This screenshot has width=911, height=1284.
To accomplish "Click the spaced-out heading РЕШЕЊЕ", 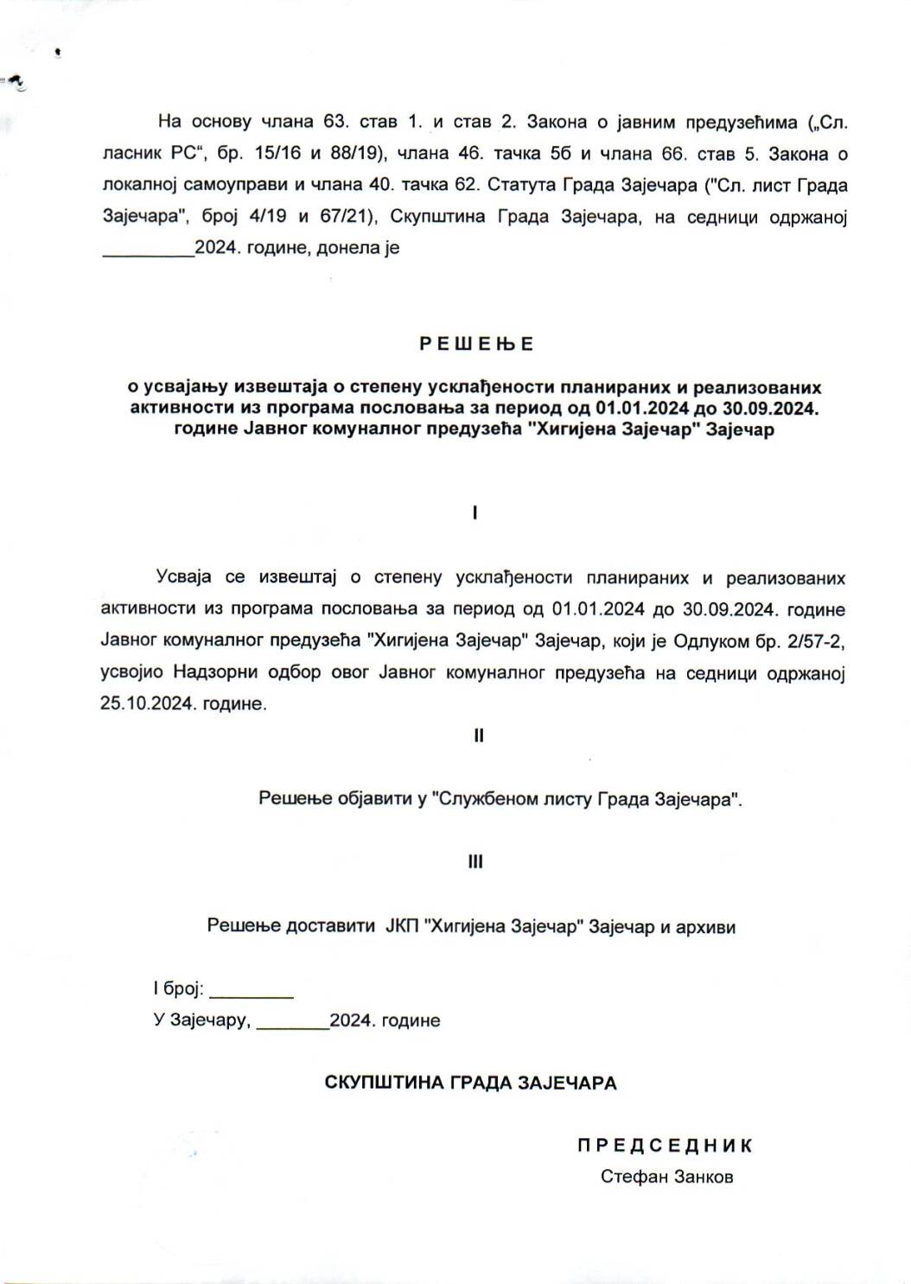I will click(476, 344).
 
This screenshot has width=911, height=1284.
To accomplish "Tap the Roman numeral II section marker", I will click(478, 736).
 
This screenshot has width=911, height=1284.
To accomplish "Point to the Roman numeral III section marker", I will click(475, 861).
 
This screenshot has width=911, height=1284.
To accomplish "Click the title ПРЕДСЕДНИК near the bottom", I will click(666, 1146).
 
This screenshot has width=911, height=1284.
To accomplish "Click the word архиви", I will click(707, 927).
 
